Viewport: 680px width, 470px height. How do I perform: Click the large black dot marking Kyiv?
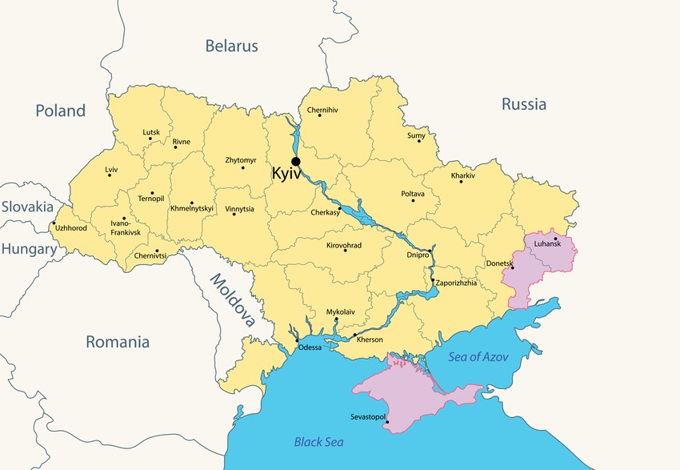[x=296, y=162]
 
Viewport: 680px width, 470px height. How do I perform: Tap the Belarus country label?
[x=231, y=46]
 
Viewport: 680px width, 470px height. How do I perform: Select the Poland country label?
[x=60, y=110]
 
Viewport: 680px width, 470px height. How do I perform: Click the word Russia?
[x=524, y=104]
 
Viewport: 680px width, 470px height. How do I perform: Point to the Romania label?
[x=118, y=342]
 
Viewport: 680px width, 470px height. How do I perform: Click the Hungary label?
[x=29, y=249]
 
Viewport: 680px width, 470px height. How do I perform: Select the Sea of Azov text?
[x=478, y=357]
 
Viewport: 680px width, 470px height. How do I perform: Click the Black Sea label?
[x=318, y=441]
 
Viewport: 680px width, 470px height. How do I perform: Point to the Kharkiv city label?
[x=462, y=175]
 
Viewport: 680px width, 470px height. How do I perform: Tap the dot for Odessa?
[x=298, y=340]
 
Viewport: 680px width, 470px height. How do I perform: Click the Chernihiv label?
[x=322, y=110]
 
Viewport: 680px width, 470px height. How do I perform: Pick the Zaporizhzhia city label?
[x=456, y=283]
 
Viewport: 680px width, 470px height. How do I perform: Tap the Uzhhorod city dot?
[x=54, y=223]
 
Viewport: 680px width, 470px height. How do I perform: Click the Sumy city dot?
[x=418, y=141]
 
